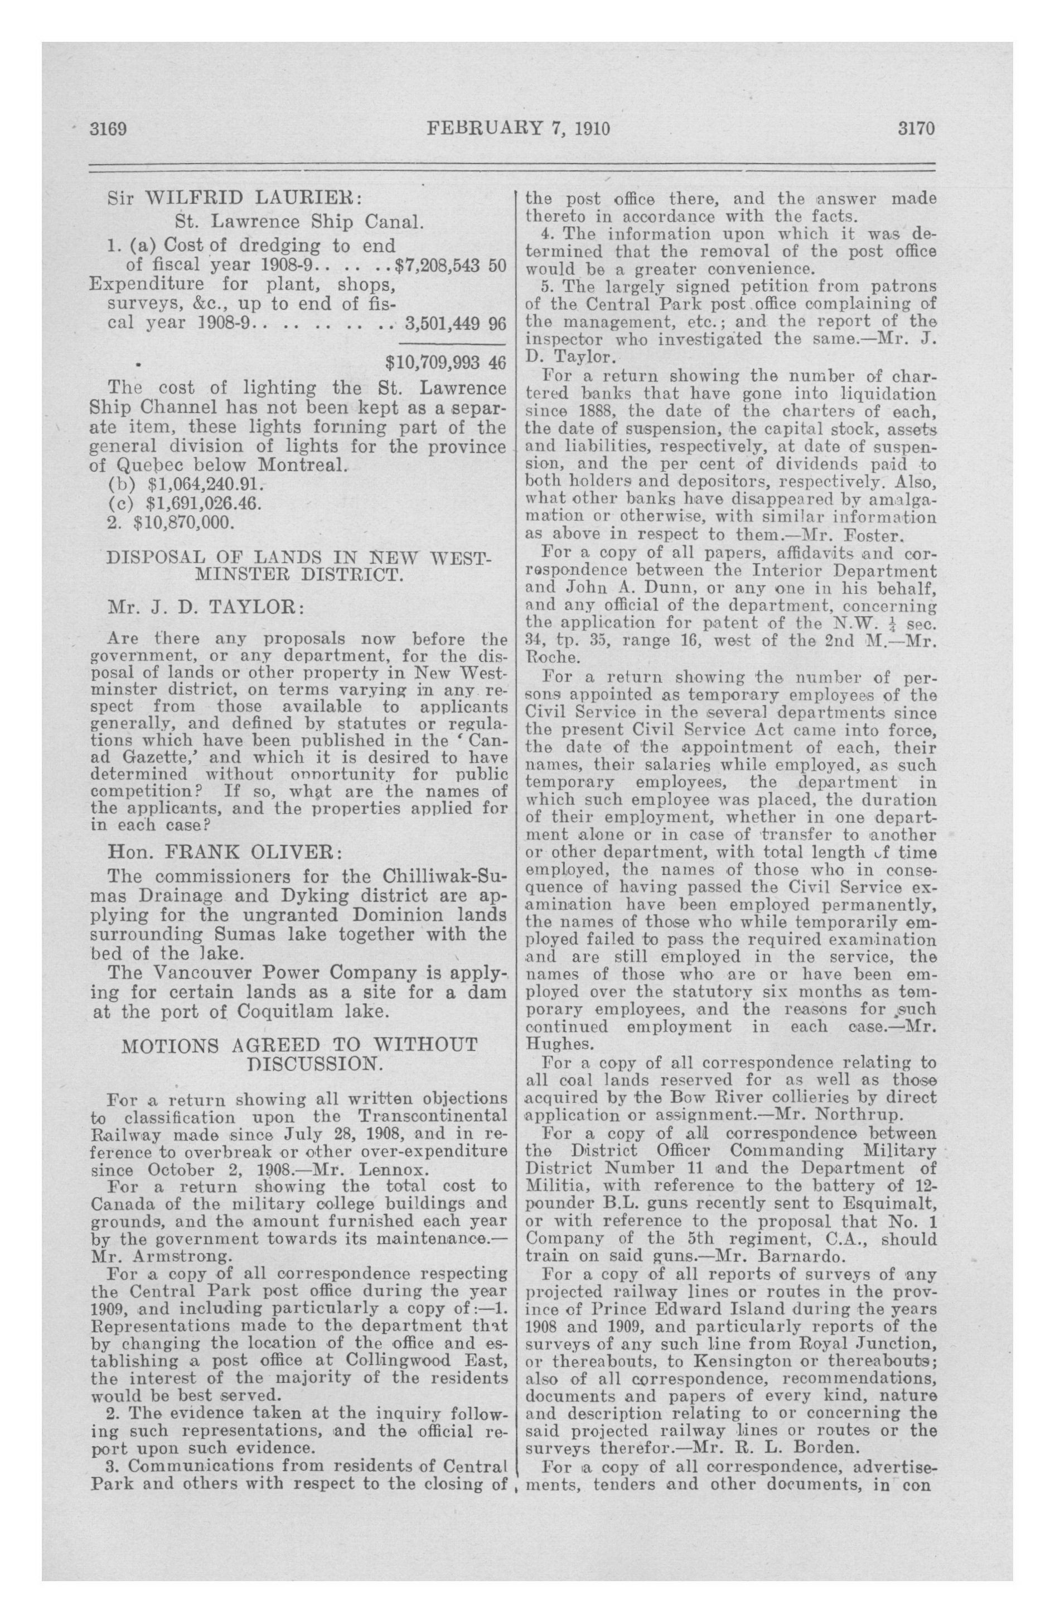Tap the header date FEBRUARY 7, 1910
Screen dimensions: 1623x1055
point(517,129)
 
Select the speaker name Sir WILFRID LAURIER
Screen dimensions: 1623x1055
point(234,200)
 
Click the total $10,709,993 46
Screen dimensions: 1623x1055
point(446,362)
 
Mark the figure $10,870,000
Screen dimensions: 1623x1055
point(184,524)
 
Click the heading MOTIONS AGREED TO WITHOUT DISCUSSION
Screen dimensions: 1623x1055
point(300,1054)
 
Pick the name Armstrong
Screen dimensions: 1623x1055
point(175,1254)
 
